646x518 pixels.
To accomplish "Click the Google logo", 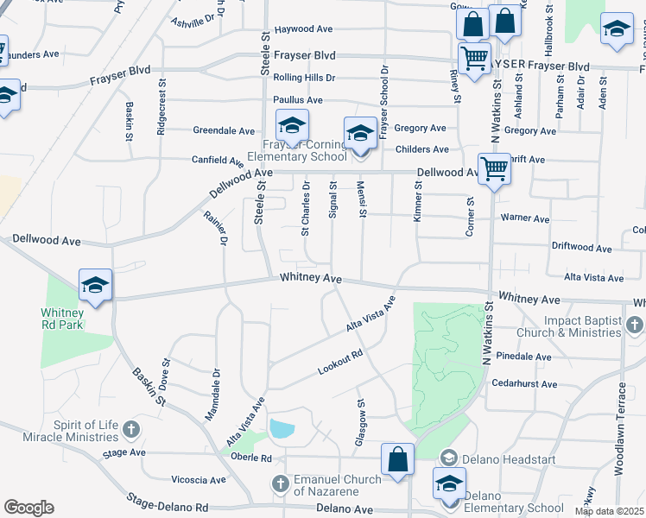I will pyautogui.click(x=28, y=508).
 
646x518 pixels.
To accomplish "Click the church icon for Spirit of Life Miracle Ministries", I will pyautogui.click(x=130, y=429).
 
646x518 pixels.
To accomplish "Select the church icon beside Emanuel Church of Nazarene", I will pyautogui.click(x=278, y=483).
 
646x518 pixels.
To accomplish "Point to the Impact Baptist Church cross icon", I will pyautogui.click(x=634, y=325).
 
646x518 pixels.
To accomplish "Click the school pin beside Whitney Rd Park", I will pyautogui.click(x=96, y=285).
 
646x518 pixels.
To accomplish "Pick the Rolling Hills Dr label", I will pyautogui.click(x=304, y=78).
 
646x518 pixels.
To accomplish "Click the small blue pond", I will pyautogui.click(x=282, y=428).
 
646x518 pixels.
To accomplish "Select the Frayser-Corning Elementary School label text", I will pyautogui.click(x=296, y=151).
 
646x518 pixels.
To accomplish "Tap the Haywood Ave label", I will pyautogui.click(x=302, y=30).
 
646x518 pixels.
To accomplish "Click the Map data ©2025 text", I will pyautogui.click(x=608, y=511).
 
